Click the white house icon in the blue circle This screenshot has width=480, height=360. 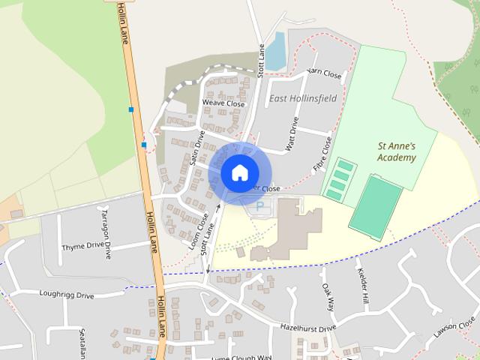click(238, 172)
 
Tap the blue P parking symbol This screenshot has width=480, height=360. click(260, 205)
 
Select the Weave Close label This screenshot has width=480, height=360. click(223, 103)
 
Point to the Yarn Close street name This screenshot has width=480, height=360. click(324, 75)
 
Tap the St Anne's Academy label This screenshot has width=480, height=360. click(396, 152)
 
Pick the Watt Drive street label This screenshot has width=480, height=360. click(292, 133)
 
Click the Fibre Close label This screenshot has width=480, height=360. click(322, 154)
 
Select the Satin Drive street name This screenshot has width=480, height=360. click(198, 148)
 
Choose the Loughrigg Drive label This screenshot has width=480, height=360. click(67, 295)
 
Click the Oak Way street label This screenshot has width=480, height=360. click(327, 297)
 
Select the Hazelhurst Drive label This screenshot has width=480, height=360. click(308, 328)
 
